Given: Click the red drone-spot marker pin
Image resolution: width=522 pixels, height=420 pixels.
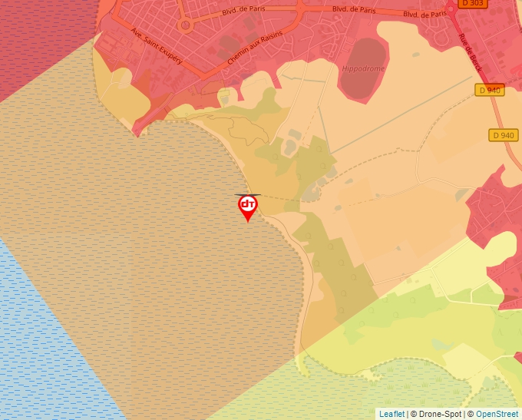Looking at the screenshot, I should (247, 207).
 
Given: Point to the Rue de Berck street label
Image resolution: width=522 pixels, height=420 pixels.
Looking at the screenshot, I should (471, 54).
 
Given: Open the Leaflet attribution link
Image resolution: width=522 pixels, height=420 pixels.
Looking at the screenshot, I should (391, 414).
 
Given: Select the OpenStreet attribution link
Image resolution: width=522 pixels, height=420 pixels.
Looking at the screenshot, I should (497, 414).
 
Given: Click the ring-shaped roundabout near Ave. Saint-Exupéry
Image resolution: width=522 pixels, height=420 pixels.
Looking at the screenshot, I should (184, 25).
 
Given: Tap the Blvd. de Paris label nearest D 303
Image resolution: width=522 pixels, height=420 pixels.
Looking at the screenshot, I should (425, 13).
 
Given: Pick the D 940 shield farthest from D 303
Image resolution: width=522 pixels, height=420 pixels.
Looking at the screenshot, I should (502, 135).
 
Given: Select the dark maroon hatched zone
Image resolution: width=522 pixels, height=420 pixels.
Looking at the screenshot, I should (38, 38).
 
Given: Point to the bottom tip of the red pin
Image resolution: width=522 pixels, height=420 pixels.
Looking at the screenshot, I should (247, 222).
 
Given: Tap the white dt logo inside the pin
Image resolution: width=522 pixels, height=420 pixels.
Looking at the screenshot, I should (247, 204).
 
